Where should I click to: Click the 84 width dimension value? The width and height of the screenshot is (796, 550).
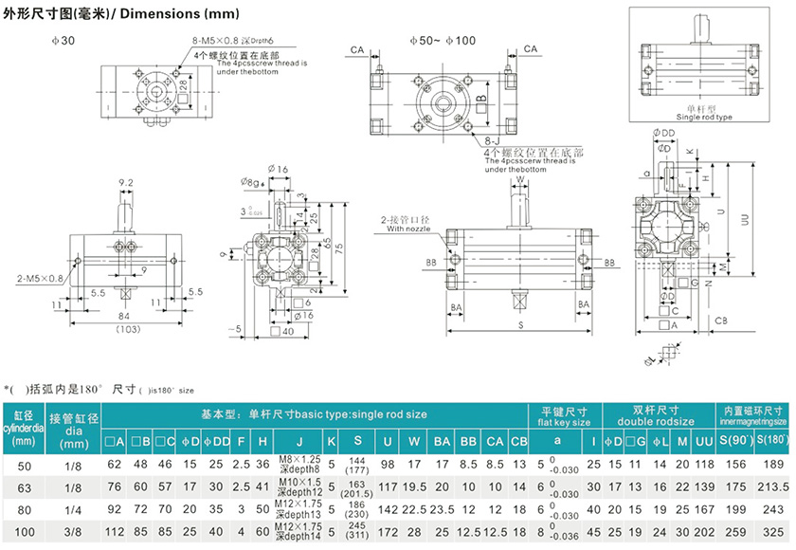125,317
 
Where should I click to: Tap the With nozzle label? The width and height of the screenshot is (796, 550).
408,229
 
